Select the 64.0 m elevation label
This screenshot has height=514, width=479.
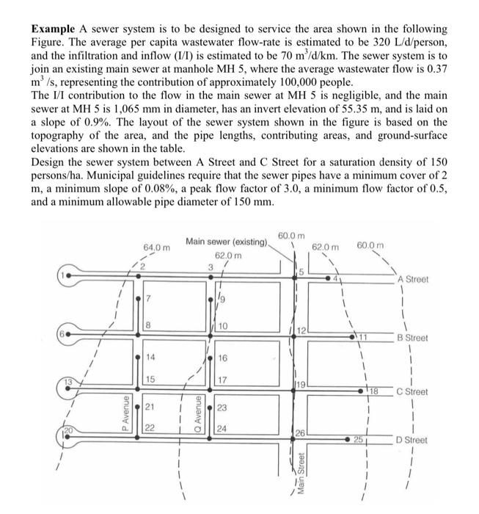[157, 247]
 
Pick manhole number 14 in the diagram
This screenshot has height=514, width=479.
[150, 357]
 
